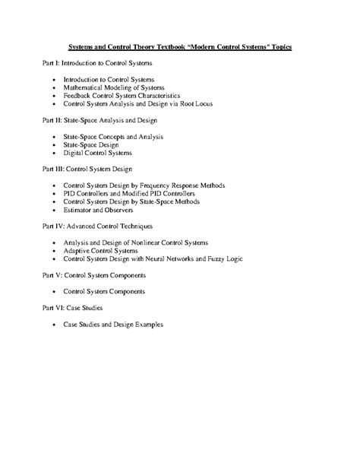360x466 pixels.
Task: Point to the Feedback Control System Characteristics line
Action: click(x=122, y=97)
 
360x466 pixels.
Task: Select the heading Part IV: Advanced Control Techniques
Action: click(x=98, y=226)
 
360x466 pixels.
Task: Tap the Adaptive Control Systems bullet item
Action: click(x=96, y=250)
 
